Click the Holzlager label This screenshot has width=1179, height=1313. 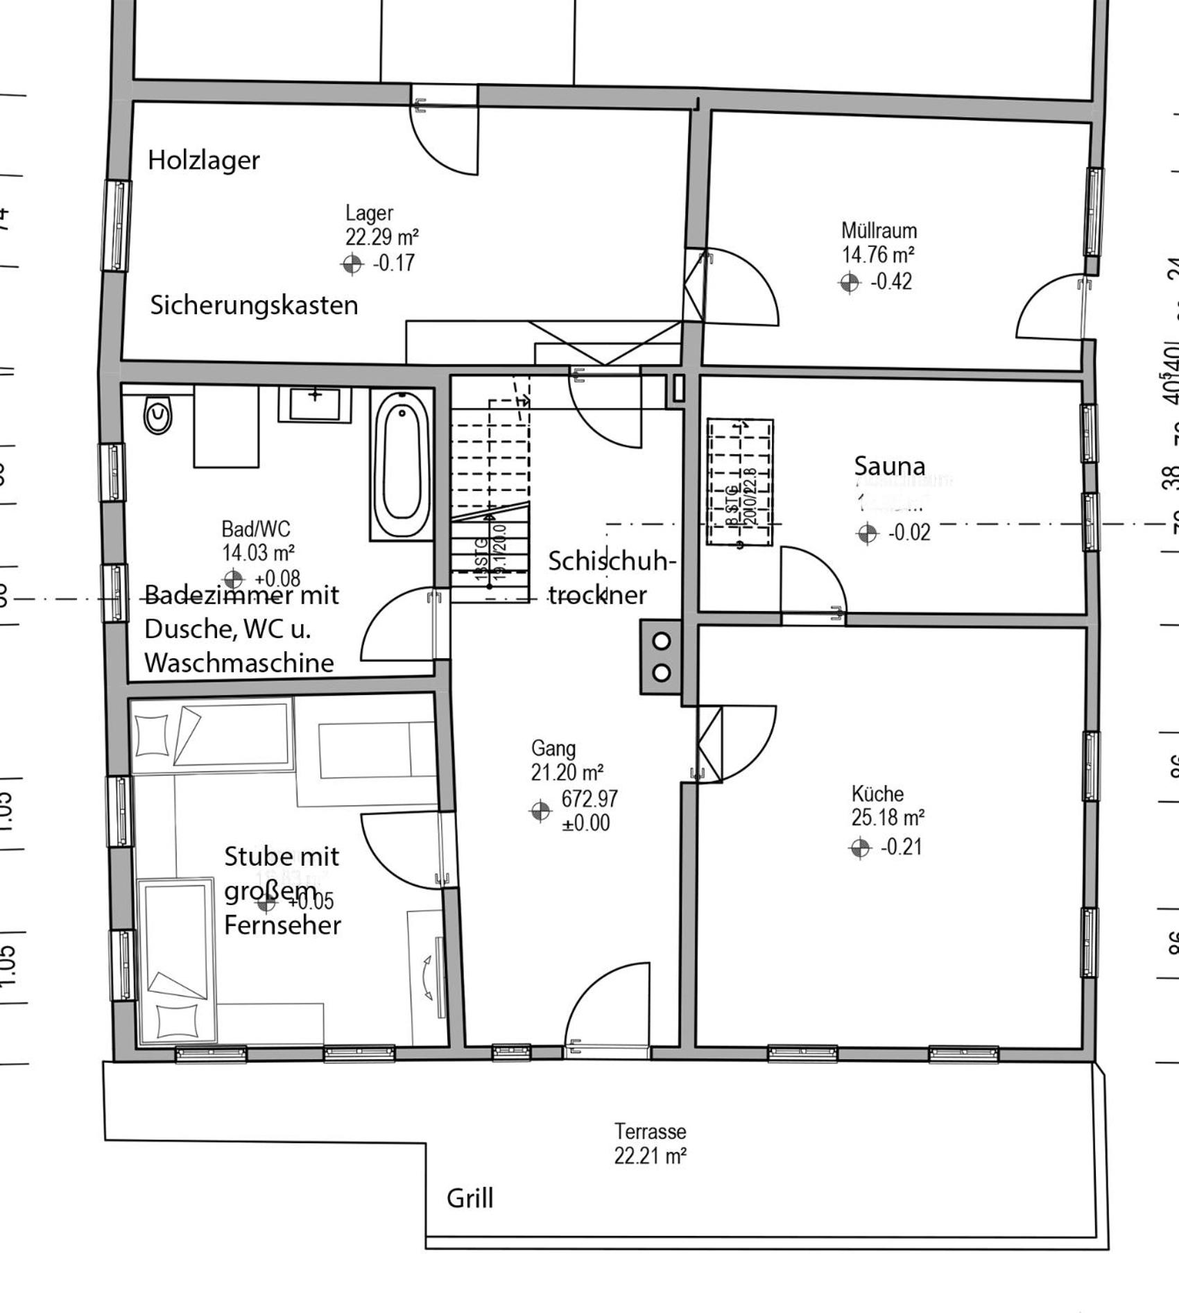coord(203,160)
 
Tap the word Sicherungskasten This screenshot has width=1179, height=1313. coord(254,305)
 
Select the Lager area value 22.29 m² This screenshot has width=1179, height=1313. coord(381,237)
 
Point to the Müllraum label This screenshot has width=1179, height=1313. coord(879,230)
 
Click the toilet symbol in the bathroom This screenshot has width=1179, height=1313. coord(158,415)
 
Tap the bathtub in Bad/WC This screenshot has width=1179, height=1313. coord(402,463)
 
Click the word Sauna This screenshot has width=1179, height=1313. coord(889,466)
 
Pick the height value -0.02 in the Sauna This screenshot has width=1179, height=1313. coord(909,533)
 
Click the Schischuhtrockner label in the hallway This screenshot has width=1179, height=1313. coord(610,577)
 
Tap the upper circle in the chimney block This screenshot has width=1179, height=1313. coord(662,641)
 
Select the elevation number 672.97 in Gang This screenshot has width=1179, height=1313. coord(589,798)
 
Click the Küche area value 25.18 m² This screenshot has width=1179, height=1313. coord(888,818)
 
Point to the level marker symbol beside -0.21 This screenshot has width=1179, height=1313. coord(860,848)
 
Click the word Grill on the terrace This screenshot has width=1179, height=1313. coord(470,1198)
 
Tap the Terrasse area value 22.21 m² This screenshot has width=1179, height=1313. coord(650,1156)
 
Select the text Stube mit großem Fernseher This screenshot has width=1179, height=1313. coord(282,891)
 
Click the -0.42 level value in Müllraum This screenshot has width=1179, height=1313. coord(891,282)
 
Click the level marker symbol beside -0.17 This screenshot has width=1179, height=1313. coord(352,264)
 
